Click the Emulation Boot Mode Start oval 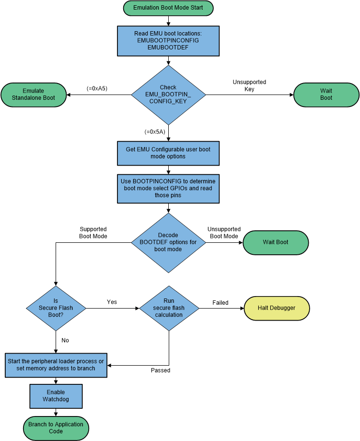click(x=168, y=8)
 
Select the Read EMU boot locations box click(x=168, y=41)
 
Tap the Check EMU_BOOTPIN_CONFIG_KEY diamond click(x=168, y=95)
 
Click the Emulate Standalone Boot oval click(x=33, y=95)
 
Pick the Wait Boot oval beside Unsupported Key click(x=326, y=95)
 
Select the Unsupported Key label click(x=249, y=85)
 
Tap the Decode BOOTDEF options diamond click(x=168, y=242)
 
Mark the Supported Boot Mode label click(x=93, y=233)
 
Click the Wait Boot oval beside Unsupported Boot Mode click(x=276, y=242)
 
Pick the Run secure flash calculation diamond click(x=169, y=308)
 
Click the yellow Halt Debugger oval click(x=277, y=308)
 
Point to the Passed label click(x=161, y=370)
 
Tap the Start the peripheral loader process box click(x=56, y=365)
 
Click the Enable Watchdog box click(x=56, y=395)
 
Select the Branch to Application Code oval click(x=56, y=428)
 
